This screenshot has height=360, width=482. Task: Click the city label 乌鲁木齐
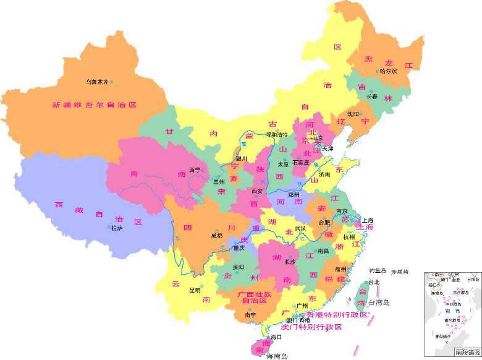tap(96, 82)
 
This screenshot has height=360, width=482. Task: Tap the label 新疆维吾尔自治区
tap(94, 105)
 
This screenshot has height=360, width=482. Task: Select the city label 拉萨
tap(117, 228)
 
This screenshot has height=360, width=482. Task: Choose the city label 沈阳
tap(352, 114)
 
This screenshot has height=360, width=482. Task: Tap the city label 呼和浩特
tap(277, 135)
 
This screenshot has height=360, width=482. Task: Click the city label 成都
tap(216, 235)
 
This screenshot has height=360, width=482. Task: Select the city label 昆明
tap(195, 290)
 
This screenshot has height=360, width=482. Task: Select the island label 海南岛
tap(277, 356)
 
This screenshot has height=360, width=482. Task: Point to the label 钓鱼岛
tap(378, 271)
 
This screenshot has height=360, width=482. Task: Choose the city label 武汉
tap(300, 228)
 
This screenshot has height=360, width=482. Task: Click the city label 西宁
tap(195, 169)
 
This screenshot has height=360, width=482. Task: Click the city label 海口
tap(276, 337)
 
